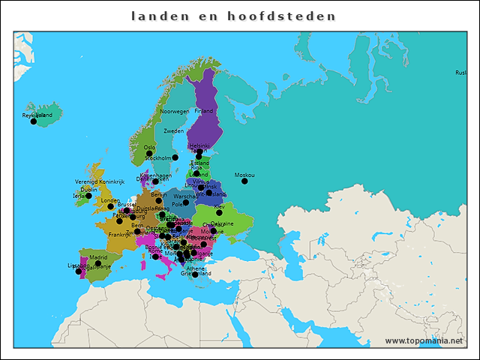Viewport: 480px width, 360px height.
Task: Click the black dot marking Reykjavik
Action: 33,121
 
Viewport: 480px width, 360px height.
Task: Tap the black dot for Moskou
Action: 244,181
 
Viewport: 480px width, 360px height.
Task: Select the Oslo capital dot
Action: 149,153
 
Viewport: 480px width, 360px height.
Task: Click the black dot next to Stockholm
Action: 175,157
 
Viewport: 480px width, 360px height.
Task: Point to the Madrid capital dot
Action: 97,263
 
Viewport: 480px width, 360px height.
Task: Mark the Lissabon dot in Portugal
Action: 78,271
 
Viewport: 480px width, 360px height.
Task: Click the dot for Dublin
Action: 88,196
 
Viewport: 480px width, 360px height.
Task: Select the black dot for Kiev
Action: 219,212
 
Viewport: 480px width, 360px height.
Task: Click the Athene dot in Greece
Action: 195,274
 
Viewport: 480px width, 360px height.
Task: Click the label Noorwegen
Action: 174,111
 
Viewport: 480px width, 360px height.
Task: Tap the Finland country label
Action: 203,111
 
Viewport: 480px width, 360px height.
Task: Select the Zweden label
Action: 173,130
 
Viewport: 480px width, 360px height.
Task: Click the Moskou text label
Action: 244,175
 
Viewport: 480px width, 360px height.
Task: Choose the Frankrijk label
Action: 119,235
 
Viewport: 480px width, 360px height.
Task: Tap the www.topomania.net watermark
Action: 424,341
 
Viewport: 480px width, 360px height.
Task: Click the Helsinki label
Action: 199,146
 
